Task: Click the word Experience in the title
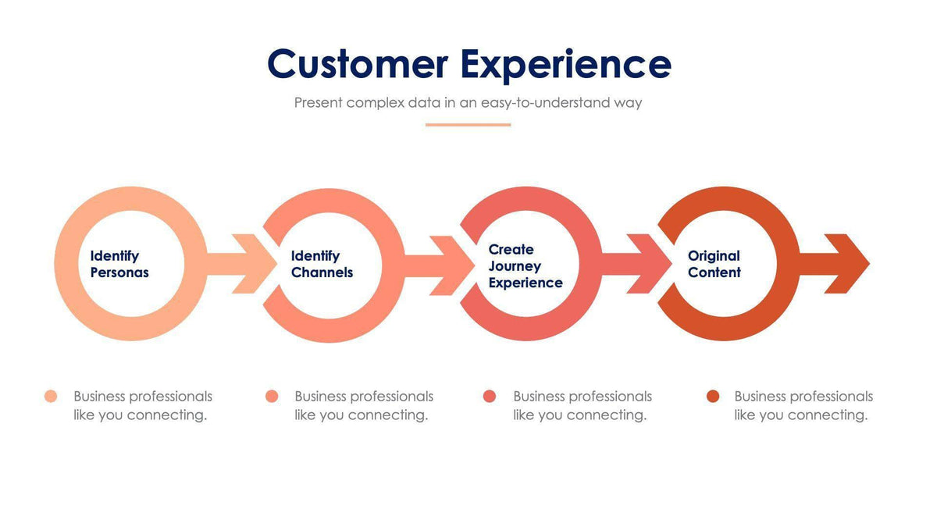(x=565, y=66)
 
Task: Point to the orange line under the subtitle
(x=468, y=124)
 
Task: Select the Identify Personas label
(x=119, y=264)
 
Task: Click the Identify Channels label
(x=321, y=264)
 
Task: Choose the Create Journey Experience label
(x=525, y=265)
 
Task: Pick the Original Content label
(x=714, y=264)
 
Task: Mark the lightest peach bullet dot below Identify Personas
(x=51, y=397)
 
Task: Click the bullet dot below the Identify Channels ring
(x=272, y=397)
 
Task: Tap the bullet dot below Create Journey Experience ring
(x=490, y=397)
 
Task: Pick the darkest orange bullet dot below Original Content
(x=712, y=397)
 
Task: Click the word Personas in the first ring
(x=119, y=272)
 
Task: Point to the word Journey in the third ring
(x=514, y=266)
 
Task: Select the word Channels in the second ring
(x=322, y=272)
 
